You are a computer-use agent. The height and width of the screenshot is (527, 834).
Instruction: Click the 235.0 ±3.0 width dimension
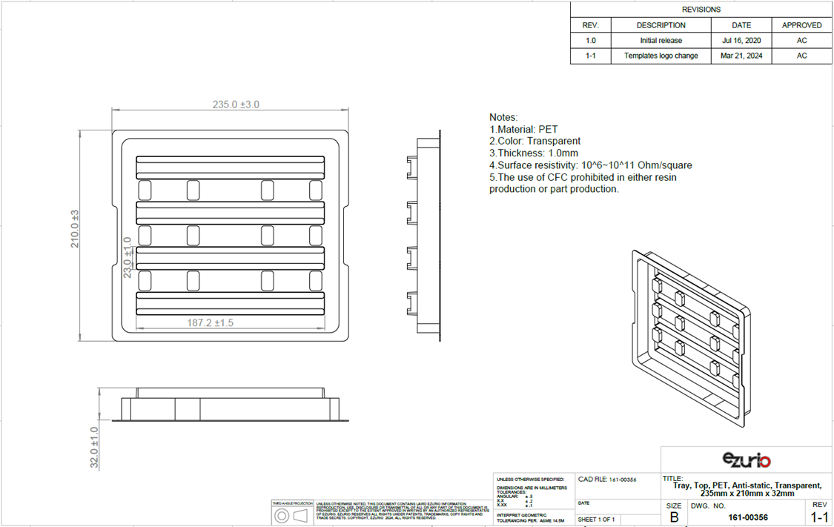pos(236,105)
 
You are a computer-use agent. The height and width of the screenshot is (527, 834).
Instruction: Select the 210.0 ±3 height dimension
pos(75,229)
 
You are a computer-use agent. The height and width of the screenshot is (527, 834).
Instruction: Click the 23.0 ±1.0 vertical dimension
pos(127,258)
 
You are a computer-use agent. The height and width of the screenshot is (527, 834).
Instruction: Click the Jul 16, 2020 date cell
pos(741,41)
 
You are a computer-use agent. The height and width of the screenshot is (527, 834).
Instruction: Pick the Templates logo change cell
pos(661,56)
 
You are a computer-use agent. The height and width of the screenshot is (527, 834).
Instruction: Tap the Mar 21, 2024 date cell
pos(741,56)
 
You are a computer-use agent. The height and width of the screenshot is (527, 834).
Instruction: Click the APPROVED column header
pos(801,25)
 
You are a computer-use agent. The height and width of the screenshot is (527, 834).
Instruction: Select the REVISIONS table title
pos(701,10)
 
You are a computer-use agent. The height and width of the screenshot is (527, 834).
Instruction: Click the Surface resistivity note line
pos(590,165)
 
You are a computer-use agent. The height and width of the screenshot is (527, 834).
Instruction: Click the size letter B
pos(674,517)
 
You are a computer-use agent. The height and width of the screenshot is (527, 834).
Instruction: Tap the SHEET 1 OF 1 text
pos(597,519)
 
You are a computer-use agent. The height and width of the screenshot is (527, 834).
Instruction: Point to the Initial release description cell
pos(661,41)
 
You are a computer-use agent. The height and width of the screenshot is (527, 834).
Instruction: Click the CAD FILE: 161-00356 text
pos(606,480)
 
